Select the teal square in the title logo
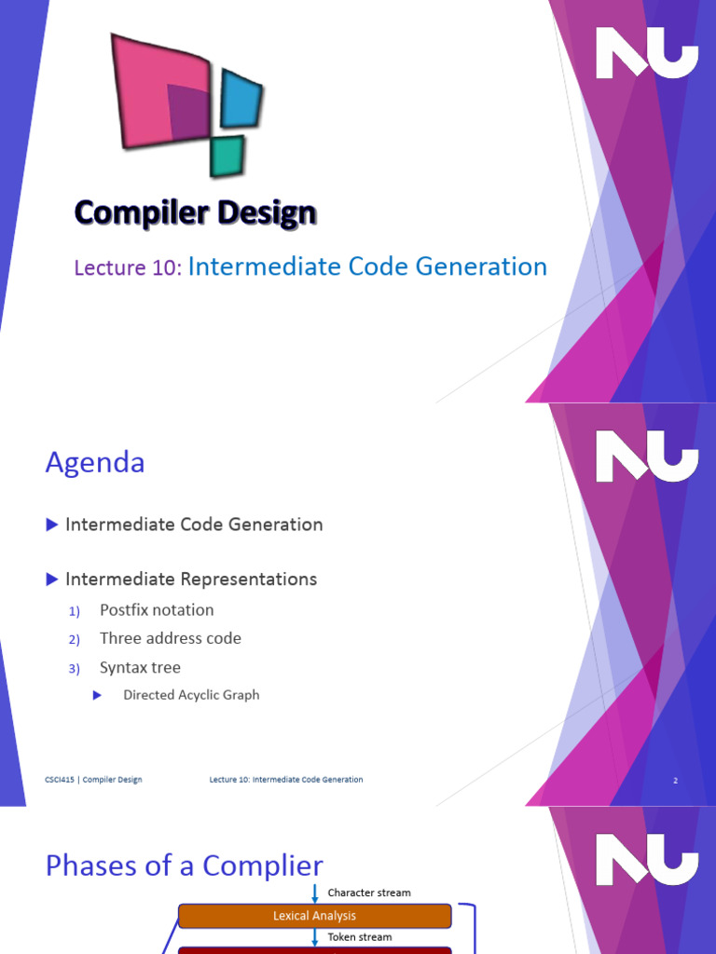click(x=227, y=157)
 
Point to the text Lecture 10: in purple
click(x=128, y=268)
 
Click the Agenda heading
click(x=95, y=463)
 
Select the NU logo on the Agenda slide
click(x=646, y=457)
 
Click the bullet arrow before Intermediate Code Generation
click(x=52, y=525)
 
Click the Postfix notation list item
click(x=157, y=610)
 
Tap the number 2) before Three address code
click(x=76, y=639)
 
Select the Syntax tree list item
click(x=140, y=668)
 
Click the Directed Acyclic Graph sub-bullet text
click(x=191, y=695)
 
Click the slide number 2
click(x=675, y=781)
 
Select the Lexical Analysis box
click(x=314, y=916)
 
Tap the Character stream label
click(x=369, y=893)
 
